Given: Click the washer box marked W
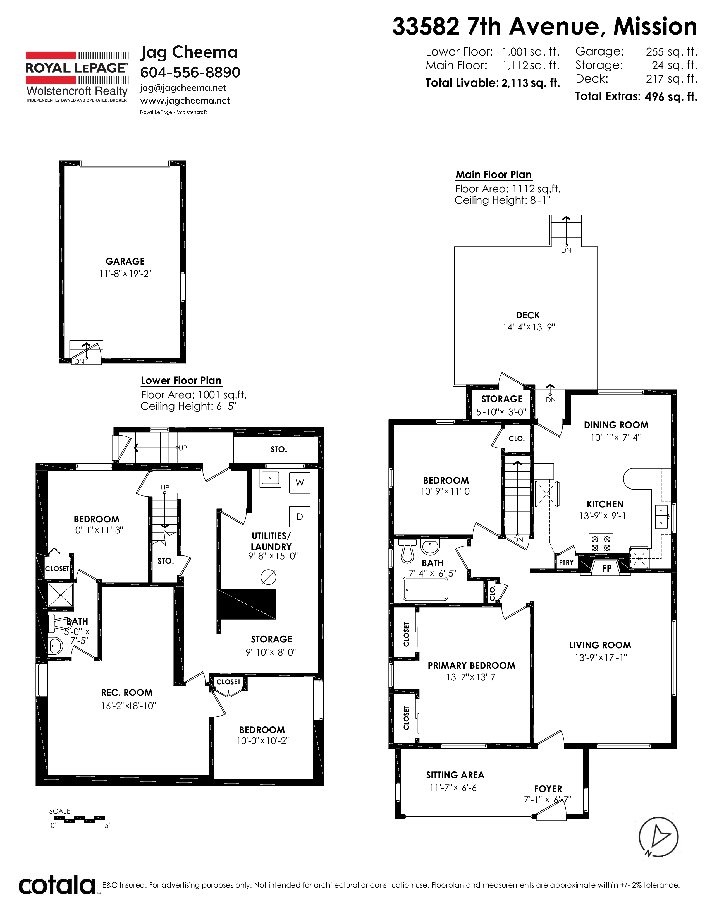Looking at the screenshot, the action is click(300, 483).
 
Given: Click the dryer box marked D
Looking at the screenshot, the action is click(300, 517).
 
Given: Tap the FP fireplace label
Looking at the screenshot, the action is click(606, 568).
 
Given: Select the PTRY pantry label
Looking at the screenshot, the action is click(566, 562).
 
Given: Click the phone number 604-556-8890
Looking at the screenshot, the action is click(190, 73).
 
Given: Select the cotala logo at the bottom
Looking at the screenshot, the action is click(57, 885).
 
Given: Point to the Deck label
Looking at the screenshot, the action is click(528, 315).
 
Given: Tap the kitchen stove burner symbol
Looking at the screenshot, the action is click(601, 543).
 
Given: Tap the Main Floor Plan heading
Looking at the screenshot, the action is click(493, 175).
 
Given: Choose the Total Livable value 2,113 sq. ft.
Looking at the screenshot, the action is click(531, 83).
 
